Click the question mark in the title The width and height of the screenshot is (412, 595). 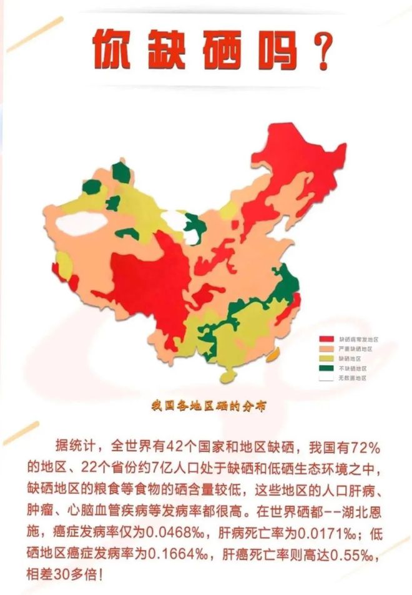click(318, 51)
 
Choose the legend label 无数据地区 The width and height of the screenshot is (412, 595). click(352, 378)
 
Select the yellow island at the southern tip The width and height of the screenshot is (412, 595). click(229, 376)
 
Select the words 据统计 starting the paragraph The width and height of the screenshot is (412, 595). click(74, 448)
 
